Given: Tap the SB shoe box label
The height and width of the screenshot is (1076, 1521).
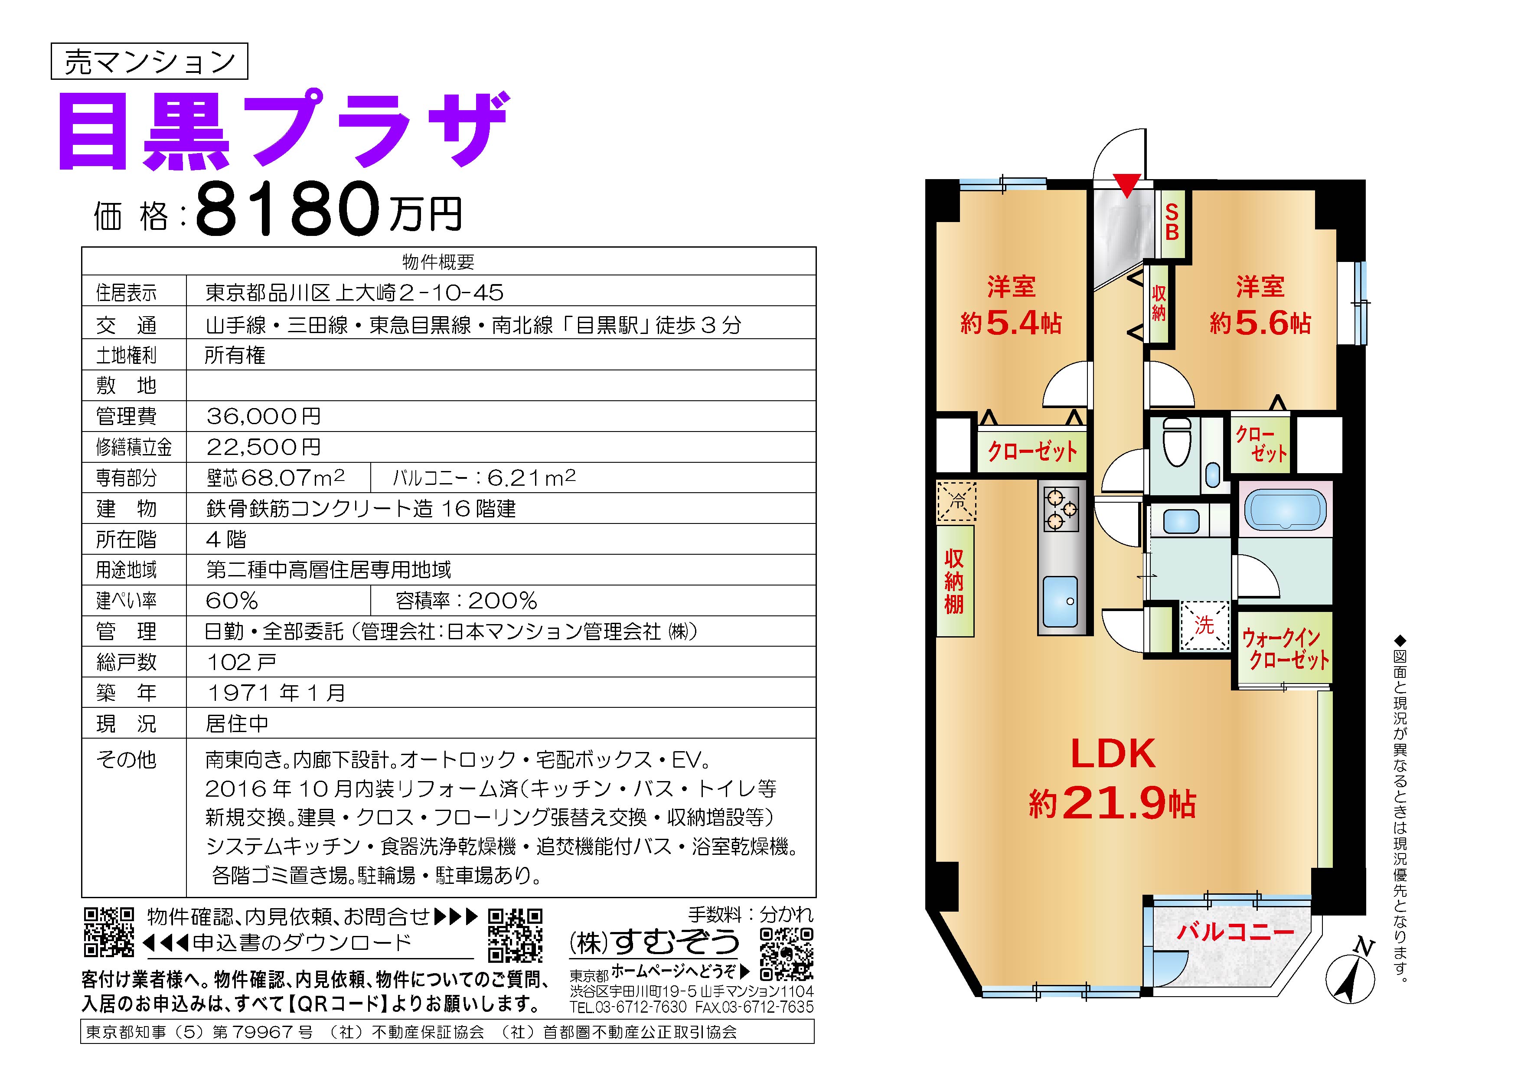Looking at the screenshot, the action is tap(1172, 222).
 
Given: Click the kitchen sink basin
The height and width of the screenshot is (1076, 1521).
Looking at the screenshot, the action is tap(1060, 602).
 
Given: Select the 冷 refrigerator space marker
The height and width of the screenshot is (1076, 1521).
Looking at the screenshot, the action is tap(956, 501).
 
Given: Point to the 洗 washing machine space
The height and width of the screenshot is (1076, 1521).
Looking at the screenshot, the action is tap(1204, 625).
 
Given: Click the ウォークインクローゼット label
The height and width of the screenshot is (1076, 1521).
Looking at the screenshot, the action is tap(1285, 649).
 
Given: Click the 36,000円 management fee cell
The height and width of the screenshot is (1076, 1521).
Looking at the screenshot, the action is tap(264, 416).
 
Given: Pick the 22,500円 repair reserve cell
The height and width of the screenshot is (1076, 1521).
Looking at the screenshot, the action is tap(264, 447).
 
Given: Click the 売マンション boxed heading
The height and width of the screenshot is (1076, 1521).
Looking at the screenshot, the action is tap(149, 62).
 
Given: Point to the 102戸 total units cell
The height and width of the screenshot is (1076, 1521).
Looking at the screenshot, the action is tap(241, 662).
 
